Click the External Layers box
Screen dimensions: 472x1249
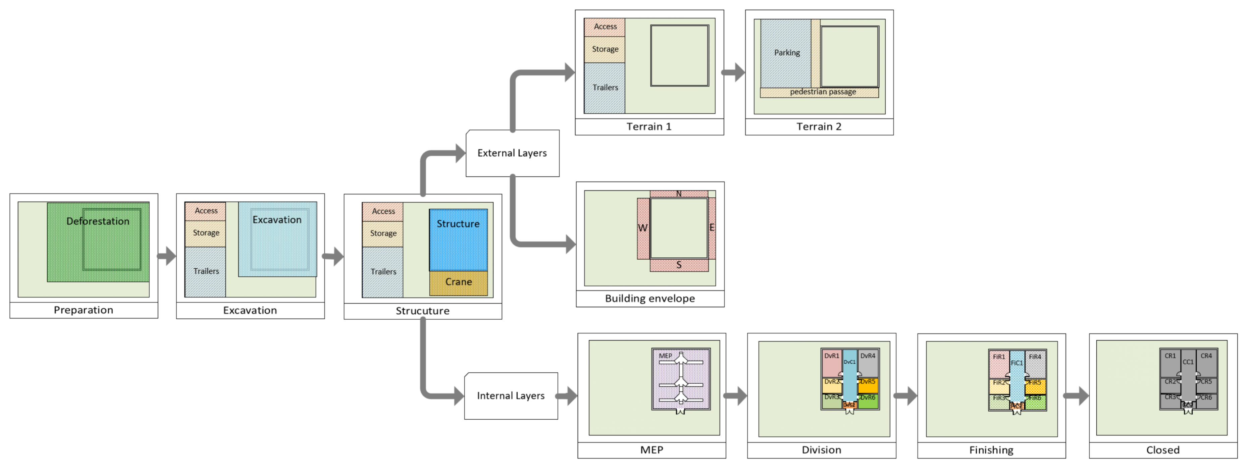pyautogui.click(x=512, y=153)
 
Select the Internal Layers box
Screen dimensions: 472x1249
pyautogui.click(x=511, y=396)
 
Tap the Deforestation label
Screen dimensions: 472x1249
pyautogui.click(x=98, y=221)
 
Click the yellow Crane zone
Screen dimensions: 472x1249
pyautogui.click(x=458, y=282)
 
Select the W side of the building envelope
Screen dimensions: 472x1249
pyautogui.click(x=643, y=228)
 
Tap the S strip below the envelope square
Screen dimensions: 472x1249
pyautogui.click(x=679, y=265)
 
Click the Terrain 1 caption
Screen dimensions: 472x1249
pyautogui.click(x=649, y=127)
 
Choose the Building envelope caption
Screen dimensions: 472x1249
pyautogui.click(x=650, y=299)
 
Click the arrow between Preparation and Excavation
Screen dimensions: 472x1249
pyautogui.click(x=167, y=256)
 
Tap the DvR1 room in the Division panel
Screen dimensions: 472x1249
pyautogui.click(x=832, y=363)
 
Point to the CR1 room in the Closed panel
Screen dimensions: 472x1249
pyautogui.click(x=1170, y=363)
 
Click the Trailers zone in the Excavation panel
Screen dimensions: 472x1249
pyautogui.click(x=206, y=271)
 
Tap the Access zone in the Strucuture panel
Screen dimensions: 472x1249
pyautogui.click(x=383, y=212)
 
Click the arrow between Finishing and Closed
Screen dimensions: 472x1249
pyautogui.click(x=1076, y=396)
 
